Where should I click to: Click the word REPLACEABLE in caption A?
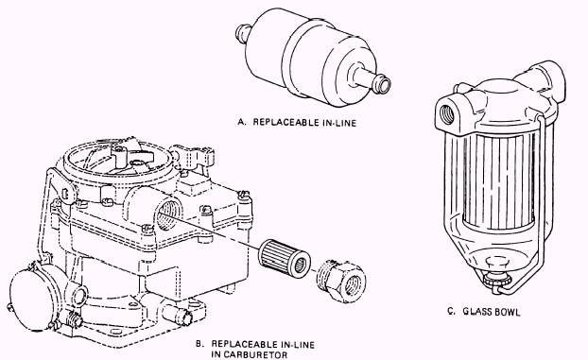click(285, 122)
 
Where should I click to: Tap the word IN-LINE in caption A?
click(337, 123)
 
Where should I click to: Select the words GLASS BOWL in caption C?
click(492, 312)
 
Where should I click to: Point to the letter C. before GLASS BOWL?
click(452, 312)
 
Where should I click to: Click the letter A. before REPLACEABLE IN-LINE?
click(242, 122)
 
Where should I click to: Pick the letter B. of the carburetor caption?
click(199, 344)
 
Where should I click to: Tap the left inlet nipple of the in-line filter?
click(243, 33)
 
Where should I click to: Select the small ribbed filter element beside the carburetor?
click(285, 258)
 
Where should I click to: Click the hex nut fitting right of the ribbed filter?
click(341, 282)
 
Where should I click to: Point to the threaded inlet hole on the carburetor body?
click(166, 214)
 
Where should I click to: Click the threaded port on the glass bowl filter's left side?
click(446, 113)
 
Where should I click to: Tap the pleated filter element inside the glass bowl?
click(499, 181)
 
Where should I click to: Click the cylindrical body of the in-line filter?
click(310, 57)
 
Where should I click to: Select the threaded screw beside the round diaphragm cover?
click(74, 318)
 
